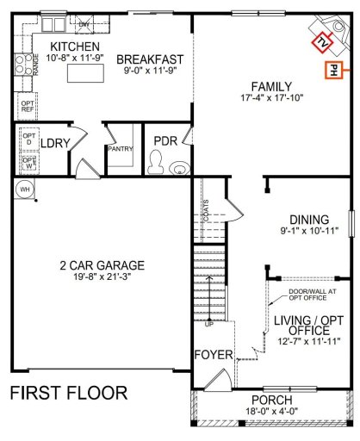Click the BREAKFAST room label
(150, 59)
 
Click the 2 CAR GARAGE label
(96, 265)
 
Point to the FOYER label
(212, 355)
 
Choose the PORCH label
(271, 401)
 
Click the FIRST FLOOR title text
(69, 394)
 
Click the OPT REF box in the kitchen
(28, 107)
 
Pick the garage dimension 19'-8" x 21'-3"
(96, 277)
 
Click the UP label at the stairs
(208, 325)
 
